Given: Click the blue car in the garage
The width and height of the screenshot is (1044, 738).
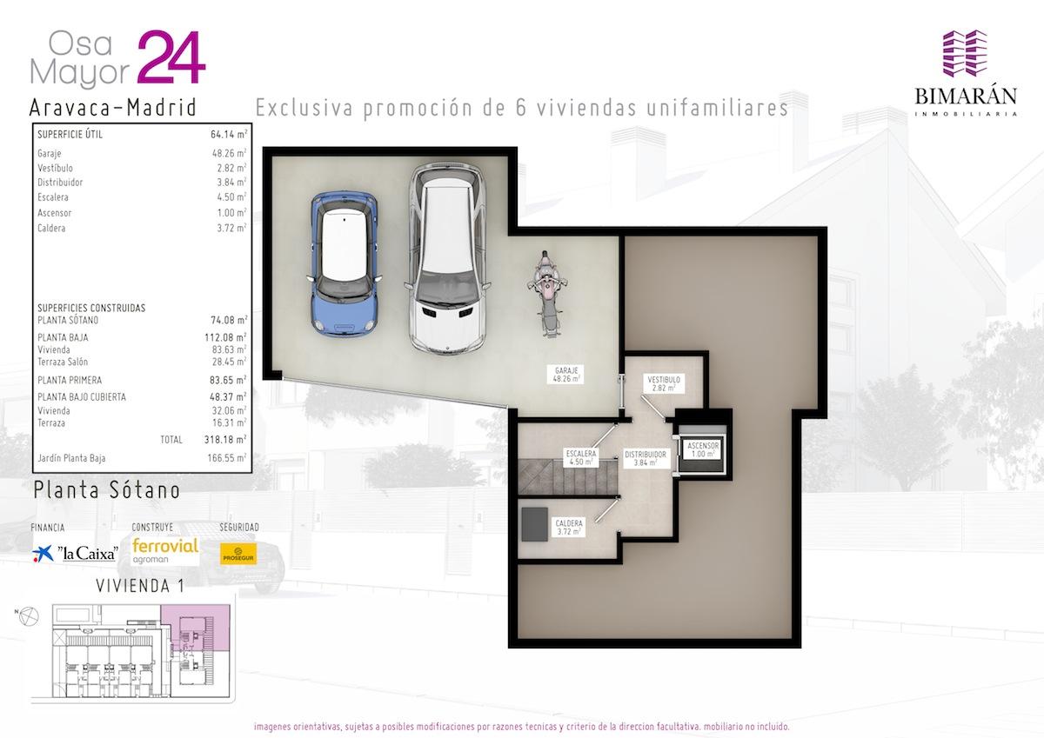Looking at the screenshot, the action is click(344, 263).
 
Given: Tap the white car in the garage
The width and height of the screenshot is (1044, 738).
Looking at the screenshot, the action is click(447, 258).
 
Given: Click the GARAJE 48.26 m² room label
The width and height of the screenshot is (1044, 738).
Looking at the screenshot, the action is click(566, 375).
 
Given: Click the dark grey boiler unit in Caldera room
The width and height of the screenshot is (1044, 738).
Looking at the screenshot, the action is click(534, 524).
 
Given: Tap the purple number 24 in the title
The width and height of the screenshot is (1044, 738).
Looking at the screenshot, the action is click(171, 57).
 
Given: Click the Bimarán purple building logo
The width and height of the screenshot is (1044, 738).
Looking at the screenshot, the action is click(965, 60).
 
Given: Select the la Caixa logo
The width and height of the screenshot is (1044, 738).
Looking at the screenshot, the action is click(75, 553).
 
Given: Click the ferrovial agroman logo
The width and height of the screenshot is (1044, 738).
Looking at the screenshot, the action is click(165, 551).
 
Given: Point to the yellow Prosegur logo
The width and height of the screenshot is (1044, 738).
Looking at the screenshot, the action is click(238, 554).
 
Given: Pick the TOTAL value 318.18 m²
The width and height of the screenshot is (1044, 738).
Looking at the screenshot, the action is click(225, 439).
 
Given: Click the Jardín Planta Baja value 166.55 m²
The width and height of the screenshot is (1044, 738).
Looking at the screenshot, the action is click(227, 458).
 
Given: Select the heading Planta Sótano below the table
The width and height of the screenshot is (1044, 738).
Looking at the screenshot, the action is click(107, 490).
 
